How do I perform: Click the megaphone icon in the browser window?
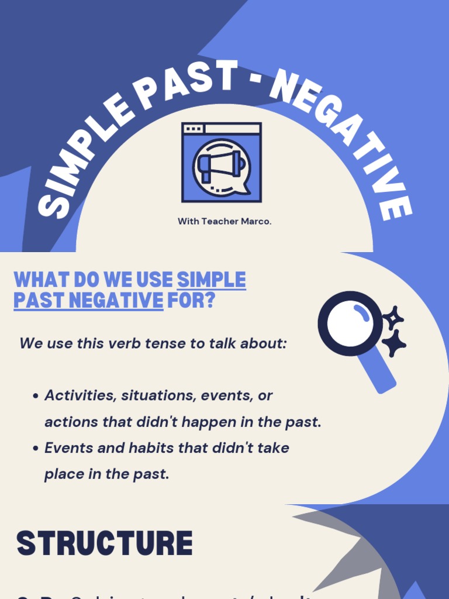pyautogui.click(x=221, y=166)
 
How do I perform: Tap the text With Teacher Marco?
pyautogui.click(x=224, y=222)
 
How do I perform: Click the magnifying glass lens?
pyautogui.click(x=350, y=323)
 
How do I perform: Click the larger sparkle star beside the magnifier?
pyautogui.click(x=393, y=343)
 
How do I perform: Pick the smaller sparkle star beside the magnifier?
pyautogui.click(x=393, y=318)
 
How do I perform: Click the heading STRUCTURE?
pyautogui.click(x=105, y=544)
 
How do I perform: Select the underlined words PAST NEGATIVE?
pyautogui.click(x=88, y=301)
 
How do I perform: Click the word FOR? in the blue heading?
pyautogui.click(x=191, y=301)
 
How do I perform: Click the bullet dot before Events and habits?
pyautogui.click(x=36, y=449)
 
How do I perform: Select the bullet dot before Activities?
pyautogui.click(x=36, y=396)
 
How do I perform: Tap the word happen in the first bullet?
pyautogui.click(x=205, y=422)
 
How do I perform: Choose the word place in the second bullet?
pyautogui.click(x=64, y=474)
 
